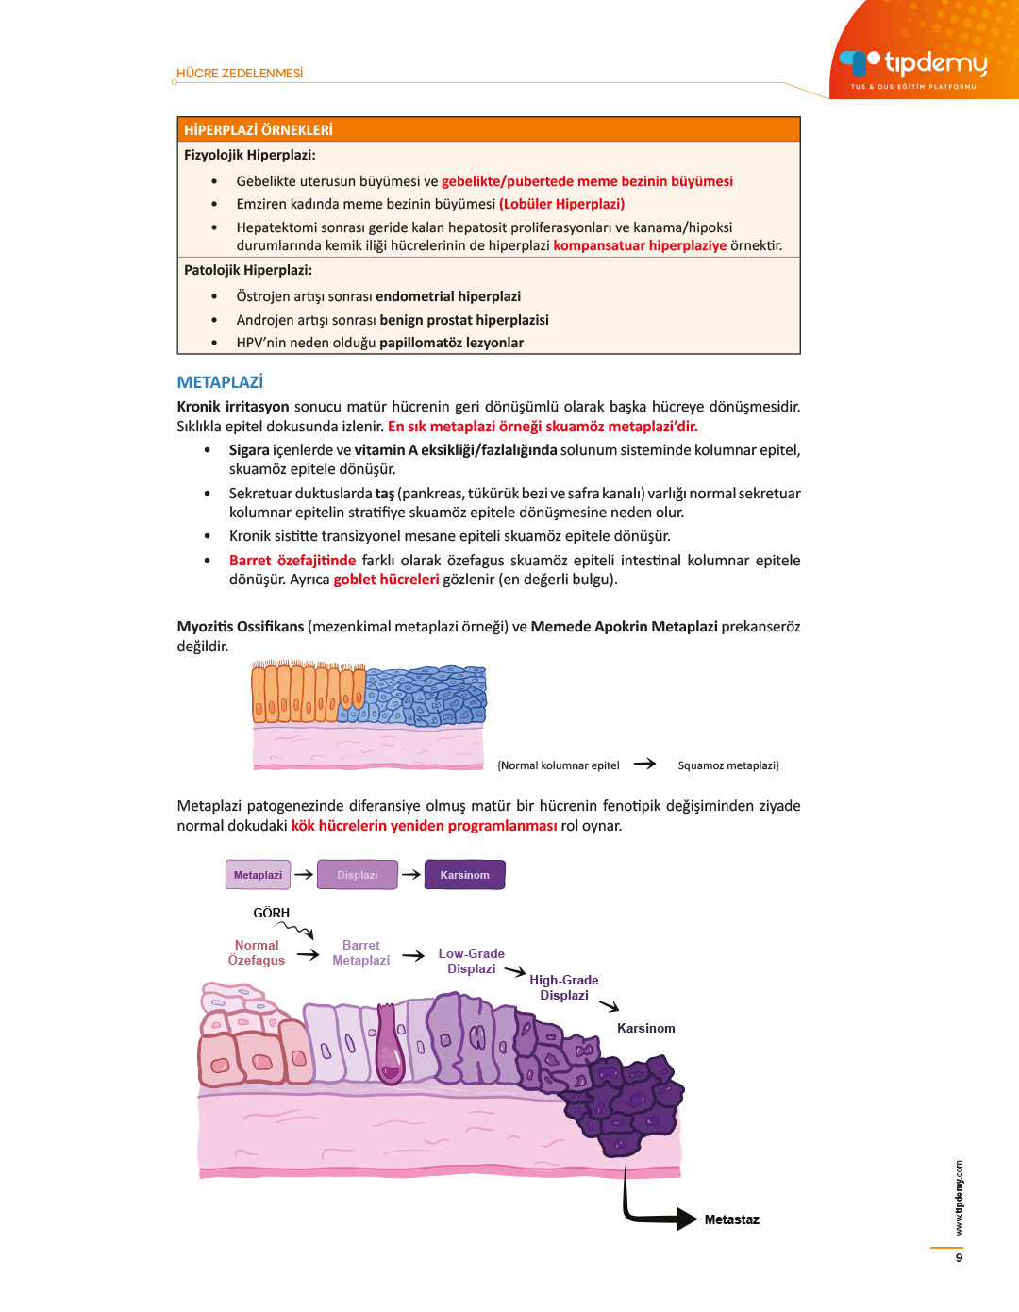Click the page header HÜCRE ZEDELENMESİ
coord(240,74)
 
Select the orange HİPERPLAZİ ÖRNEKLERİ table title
coord(259,130)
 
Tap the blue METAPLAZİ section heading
coord(220,382)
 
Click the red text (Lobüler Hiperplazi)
coord(561,204)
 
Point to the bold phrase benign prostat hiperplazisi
coord(464,320)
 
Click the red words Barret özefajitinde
coord(292,561)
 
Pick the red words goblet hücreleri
coord(386,580)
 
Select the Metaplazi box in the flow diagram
coord(258,875)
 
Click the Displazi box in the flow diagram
coord(358,875)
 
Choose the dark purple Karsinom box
coord(464,875)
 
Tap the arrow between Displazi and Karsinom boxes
coord(411,875)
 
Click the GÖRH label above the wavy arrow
coord(271,913)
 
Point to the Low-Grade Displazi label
coord(472,961)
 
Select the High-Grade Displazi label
coord(564,987)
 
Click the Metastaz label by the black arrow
coord(731,1219)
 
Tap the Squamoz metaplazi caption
coord(728,765)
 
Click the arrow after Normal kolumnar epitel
coord(645,764)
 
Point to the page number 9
coord(959,1257)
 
